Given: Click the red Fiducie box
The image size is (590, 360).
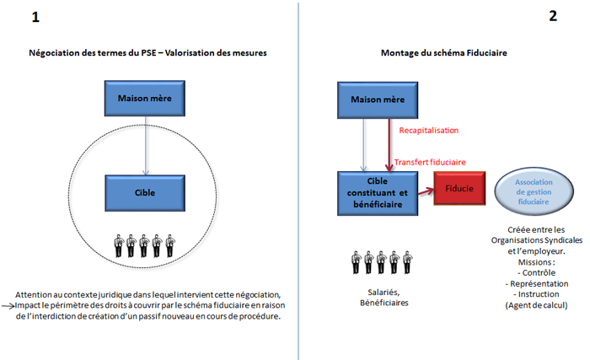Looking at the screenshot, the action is tap(459, 188).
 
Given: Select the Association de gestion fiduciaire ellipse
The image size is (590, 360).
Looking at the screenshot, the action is tap(534, 191).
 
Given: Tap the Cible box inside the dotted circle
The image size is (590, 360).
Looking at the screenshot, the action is tap(145, 193).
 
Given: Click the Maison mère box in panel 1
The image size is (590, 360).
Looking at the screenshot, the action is tap(145, 99).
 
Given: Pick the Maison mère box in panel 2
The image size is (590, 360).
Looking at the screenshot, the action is tap(378, 99).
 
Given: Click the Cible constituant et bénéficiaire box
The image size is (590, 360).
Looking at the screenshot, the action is tap(378, 193).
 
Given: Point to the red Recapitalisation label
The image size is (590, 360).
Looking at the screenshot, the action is tap(428, 131).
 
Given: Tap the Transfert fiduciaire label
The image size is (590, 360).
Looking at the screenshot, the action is tap(430, 163).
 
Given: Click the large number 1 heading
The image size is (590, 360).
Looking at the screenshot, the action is tap(35, 17).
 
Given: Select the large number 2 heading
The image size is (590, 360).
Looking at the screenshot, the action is tap(553, 16).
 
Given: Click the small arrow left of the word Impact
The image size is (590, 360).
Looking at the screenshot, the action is tap(8, 306).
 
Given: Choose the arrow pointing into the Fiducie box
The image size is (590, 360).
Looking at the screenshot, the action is tap(426, 191).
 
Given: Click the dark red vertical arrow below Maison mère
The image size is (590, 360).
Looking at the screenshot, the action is tap(389, 145).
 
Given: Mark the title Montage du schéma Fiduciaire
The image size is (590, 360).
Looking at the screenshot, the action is tap(443, 53).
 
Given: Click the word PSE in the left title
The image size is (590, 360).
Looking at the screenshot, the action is tap(148, 53).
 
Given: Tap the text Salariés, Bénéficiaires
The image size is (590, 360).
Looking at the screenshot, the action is tap(383, 298).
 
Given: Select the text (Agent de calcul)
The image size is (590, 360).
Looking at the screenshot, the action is tap(536, 305).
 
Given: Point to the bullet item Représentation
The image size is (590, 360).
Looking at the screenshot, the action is tap(537, 283).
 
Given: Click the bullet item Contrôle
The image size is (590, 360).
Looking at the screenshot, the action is tap(536, 272).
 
